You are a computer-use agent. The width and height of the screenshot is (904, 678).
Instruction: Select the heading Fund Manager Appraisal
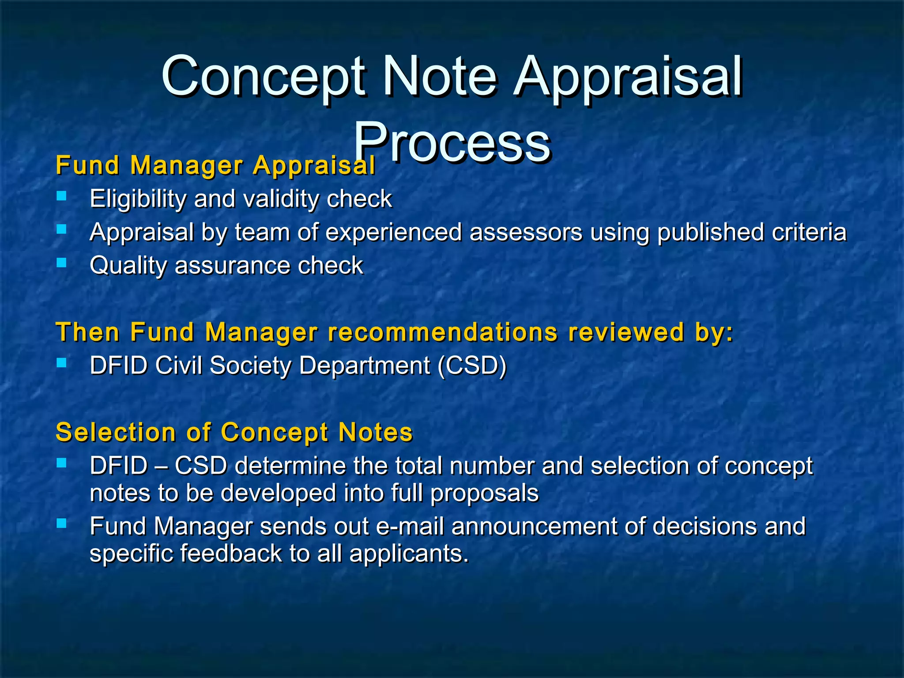215,166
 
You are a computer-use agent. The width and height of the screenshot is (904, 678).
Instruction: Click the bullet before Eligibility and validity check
62,196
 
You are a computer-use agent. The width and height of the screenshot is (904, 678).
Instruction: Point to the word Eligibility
138,199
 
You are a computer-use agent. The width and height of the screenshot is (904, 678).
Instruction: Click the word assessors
526,232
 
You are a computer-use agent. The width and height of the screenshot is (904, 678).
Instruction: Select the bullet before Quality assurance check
62,263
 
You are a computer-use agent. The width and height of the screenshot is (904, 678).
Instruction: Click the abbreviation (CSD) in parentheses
472,365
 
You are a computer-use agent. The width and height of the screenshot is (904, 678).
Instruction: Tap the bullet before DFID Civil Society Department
62,363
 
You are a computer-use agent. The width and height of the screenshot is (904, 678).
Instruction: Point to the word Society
250,365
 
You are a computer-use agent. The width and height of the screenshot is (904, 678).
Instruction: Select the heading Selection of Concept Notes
234,432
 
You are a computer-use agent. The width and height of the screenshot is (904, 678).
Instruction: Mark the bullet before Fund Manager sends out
62,524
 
